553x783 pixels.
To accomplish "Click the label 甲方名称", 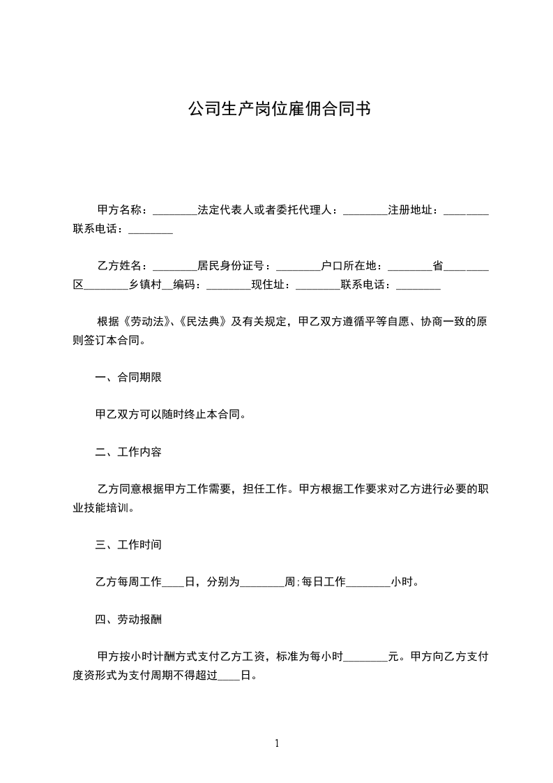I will [x=120, y=210].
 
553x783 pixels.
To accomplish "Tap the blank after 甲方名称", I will [x=174, y=211].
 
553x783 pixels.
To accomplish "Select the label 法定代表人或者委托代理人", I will [x=267, y=210].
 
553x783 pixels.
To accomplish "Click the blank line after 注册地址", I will [x=466, y=211].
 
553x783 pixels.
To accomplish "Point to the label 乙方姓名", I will [x=120, y=266].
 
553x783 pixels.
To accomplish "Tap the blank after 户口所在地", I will [x=409, y=267].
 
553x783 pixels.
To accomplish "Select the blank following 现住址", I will [x=317, y=286].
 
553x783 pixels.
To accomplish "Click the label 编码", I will [x=187, y=285].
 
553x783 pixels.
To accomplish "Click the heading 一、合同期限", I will [x=128, y=378].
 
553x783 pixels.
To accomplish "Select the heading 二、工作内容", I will [x=128, y=452].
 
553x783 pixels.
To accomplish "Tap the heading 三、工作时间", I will [x=128, y=544].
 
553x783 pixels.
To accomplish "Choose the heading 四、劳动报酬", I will [x=128, y=619].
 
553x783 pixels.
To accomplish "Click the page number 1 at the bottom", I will [x=277, y=743].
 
